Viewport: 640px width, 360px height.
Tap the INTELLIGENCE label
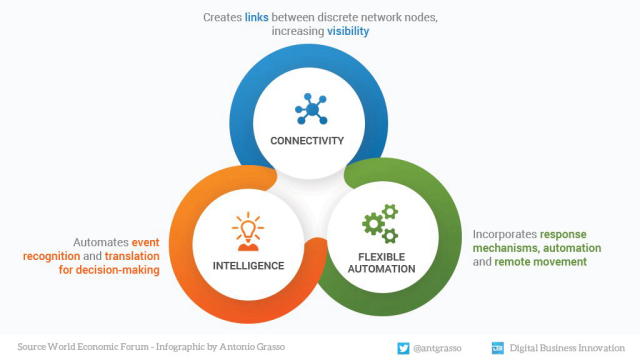[x=248, y=266]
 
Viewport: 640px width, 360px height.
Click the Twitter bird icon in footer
[x=403, y=347]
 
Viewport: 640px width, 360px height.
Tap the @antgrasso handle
[x=440, y=347]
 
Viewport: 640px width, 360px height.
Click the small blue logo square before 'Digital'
[x=497, y=347]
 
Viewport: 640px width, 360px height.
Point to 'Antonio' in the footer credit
[x=240, y=347]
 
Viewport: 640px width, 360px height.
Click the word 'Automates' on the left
[x=105, y=242]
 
